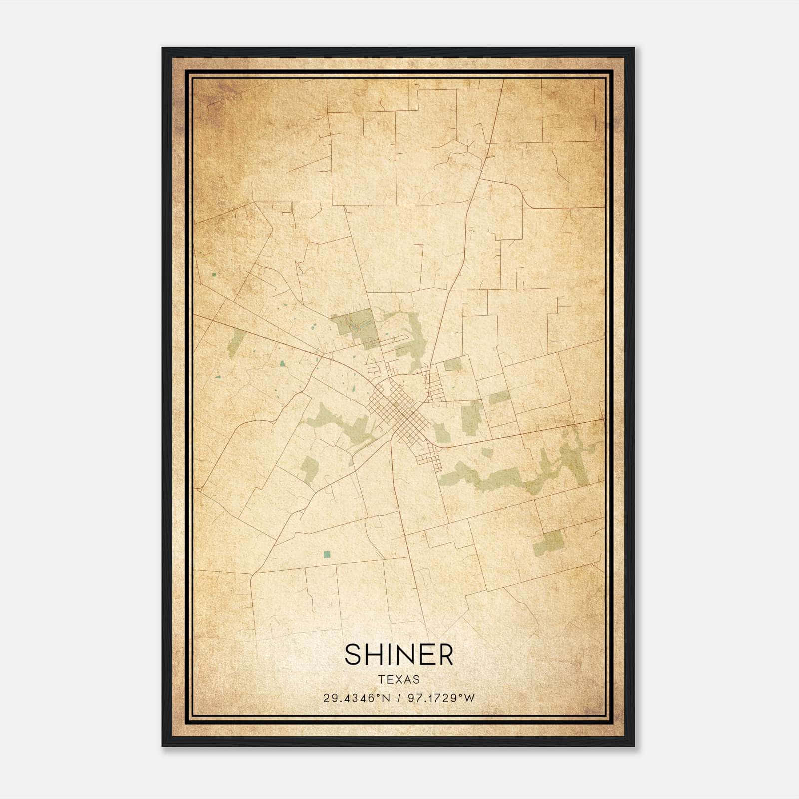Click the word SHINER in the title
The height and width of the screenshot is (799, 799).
(x=399, y=655)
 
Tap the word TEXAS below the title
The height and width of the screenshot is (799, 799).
(x=399, y=679)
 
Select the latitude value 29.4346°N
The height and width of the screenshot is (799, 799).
(x=357, y=698)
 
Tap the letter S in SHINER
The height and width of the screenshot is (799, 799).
(x=353, y=655)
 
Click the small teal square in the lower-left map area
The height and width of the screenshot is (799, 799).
(x=327, y=554)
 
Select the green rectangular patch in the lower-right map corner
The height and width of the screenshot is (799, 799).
(x=548, y=543)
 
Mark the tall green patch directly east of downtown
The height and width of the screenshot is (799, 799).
(x=469, y=417)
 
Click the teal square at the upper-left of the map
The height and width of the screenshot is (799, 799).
(x=214, y=274)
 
